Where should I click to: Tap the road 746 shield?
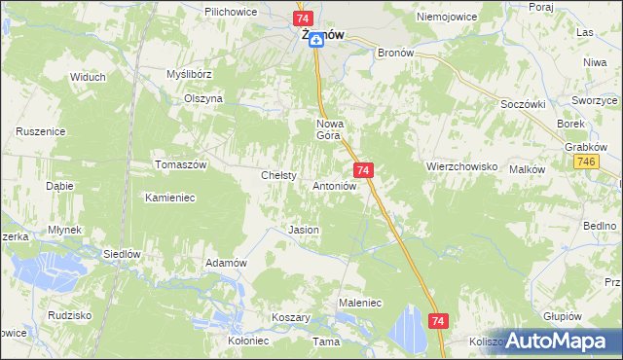[x=585, y=162]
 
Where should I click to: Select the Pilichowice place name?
[x=231, y=11]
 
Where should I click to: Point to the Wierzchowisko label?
[x=461, y=166]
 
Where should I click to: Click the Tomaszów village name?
[x=181, y=165]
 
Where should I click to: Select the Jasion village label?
[x=304, y=230]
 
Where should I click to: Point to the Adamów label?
[x=226, y=263]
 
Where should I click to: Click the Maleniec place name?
[x=359, y=304]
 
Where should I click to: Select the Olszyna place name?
[x=204, y=98]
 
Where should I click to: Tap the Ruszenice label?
[x=41, y=130]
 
